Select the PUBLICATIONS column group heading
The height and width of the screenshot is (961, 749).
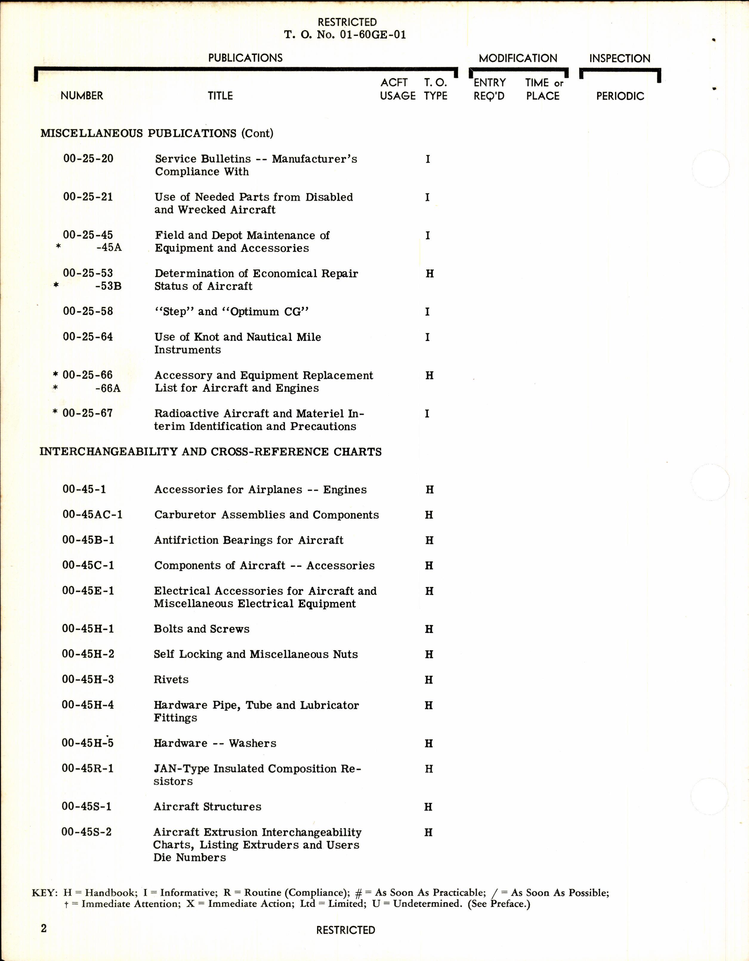coord(245,58)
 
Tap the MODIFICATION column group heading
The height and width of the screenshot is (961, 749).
coord(518,58)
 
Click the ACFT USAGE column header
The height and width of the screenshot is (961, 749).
coord(397,89)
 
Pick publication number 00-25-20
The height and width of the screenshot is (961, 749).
coord(88,158)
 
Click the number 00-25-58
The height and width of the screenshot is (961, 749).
coord(88,311)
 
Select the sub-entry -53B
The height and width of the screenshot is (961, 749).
coord(108,286)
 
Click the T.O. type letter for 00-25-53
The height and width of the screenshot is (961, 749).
coord(430,274)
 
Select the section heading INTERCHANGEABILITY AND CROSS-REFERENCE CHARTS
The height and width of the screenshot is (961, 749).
coord(210,452)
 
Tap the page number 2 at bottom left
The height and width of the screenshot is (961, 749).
coord(44,929)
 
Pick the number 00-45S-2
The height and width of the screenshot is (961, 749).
coord(87,832)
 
